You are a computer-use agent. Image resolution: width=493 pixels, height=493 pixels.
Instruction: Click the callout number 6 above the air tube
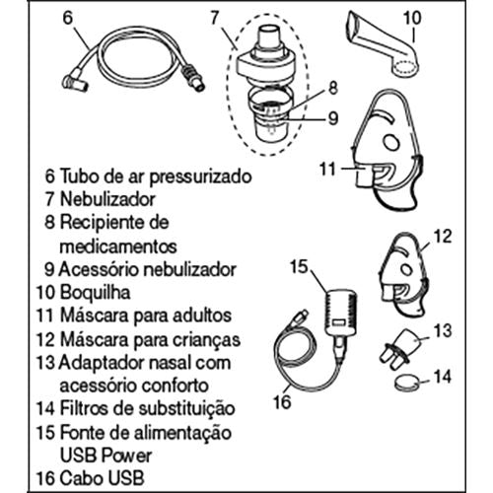click(x=67, y=18)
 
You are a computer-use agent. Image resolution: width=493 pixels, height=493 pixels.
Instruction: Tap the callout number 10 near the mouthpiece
click(x=412, y=19)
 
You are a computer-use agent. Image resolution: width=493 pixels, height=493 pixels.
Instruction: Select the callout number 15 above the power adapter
click(x=299, y=266)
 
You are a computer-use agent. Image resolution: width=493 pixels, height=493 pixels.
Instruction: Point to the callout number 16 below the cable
click(x=282, y=401)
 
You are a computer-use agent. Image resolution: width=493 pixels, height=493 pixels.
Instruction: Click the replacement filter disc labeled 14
click(x=407, y=384)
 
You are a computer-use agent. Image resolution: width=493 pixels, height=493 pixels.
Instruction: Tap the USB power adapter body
click(x=340, y=313)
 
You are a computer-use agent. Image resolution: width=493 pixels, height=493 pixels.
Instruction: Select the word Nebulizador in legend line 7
click(x=107, y=199)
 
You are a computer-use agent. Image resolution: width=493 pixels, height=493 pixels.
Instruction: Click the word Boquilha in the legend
click(x=95, y=293)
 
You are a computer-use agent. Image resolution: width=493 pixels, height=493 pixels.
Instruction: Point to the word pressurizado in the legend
click(x=200, y=177)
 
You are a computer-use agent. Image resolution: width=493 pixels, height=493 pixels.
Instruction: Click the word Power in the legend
click(x=126, y=456)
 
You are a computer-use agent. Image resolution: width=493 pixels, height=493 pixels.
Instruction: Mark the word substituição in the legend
click(x=186, y=409)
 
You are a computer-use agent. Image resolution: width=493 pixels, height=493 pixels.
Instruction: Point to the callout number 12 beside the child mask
click(x=443, y=237)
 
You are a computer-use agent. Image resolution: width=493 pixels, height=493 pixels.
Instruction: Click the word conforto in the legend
click(x=176, y=386)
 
